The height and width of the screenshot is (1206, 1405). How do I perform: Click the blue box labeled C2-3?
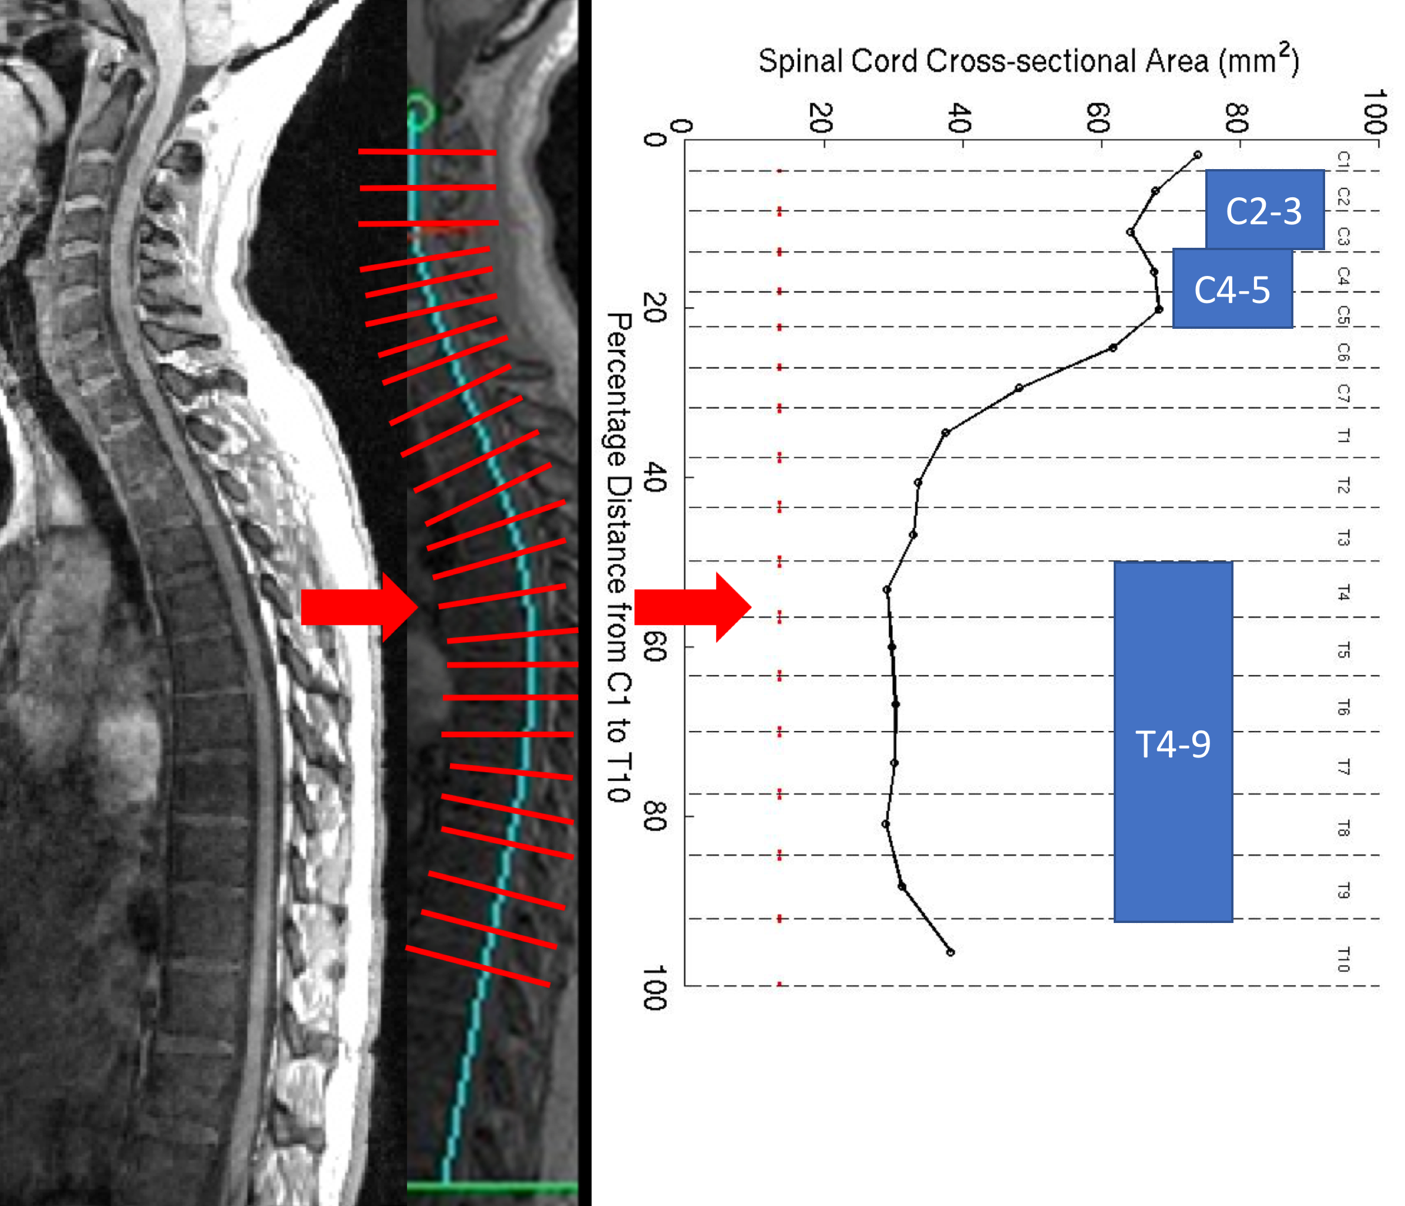1264,210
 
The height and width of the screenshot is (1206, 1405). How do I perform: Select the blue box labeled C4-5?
1232,289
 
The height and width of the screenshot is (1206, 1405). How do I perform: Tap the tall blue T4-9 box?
1173,742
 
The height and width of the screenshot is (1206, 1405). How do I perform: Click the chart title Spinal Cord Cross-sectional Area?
1028,61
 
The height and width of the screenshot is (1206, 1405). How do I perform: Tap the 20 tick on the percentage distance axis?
654,308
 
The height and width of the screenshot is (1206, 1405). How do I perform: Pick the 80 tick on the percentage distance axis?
654,816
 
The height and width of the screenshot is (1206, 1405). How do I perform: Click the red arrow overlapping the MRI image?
358,607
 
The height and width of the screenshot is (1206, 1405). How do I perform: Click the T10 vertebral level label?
1343,959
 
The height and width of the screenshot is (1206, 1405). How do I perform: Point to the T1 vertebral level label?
1343,436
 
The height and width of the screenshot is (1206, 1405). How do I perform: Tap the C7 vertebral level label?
1343,393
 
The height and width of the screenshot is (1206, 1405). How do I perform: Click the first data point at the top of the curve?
1198,155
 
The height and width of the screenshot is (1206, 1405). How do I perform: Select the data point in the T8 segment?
886,824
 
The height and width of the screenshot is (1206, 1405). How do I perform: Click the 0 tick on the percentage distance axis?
654,140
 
